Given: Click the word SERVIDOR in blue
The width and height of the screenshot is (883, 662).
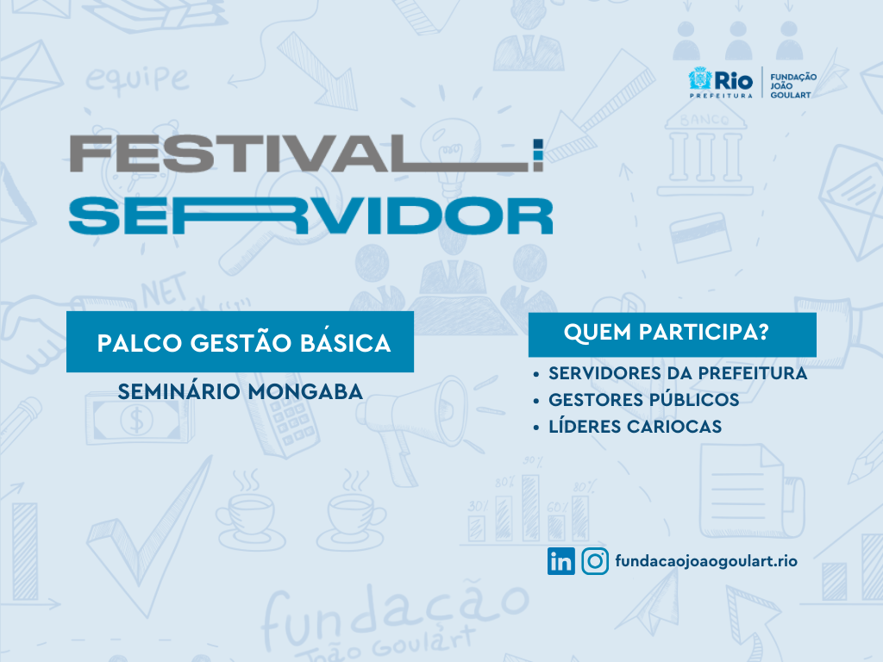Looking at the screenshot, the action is (310, 216).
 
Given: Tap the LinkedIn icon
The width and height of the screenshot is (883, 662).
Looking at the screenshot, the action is (560, 561).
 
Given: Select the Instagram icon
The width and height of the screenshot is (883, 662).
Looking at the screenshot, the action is (595, 561).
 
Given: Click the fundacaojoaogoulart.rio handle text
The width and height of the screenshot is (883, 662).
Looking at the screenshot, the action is (706, 561).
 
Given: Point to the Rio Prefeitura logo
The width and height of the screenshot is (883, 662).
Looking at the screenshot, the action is (721, 83).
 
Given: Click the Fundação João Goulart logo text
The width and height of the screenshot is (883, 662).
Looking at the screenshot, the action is (793, 85).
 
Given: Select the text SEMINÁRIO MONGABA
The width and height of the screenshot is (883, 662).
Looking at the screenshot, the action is (241, 392).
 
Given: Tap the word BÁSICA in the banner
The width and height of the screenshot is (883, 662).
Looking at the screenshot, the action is (345, 342).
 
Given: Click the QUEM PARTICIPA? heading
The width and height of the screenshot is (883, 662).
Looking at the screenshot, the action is (667, 332).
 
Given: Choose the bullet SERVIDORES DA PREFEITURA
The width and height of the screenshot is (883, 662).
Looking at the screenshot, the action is (678, 373).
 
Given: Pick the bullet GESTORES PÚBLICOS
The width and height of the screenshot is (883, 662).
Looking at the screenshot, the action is (643, 400).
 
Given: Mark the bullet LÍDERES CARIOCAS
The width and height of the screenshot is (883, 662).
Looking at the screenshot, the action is (636, 426).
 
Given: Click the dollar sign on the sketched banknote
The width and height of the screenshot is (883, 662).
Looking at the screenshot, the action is (136, 420).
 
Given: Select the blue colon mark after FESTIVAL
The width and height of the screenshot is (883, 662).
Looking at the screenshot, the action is (538, 155).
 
